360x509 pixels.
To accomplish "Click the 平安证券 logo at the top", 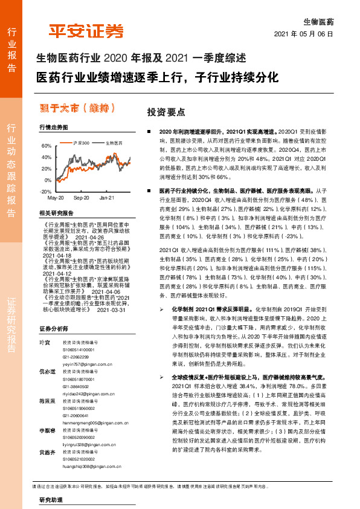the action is point(86,31).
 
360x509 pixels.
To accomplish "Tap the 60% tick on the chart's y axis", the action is point(45,146).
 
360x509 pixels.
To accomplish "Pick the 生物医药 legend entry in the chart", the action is point(114,143).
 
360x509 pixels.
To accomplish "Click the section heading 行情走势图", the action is point(53,128).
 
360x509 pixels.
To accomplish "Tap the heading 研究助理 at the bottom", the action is point(51,501).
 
